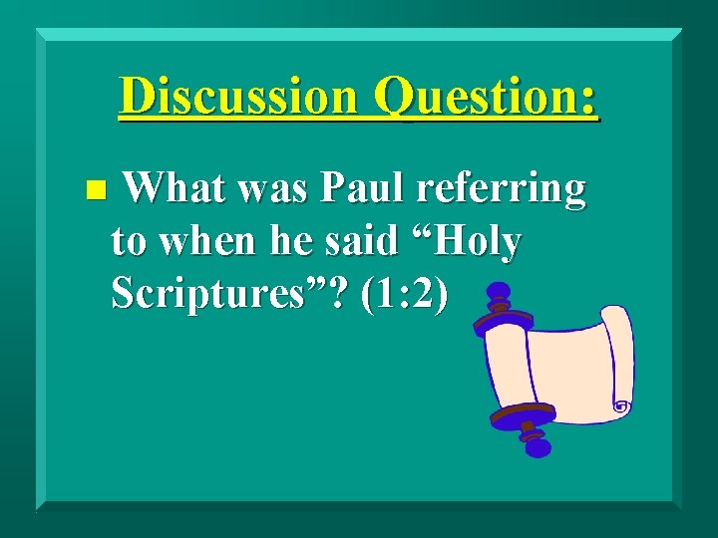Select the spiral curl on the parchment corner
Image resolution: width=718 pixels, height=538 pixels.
621,406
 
